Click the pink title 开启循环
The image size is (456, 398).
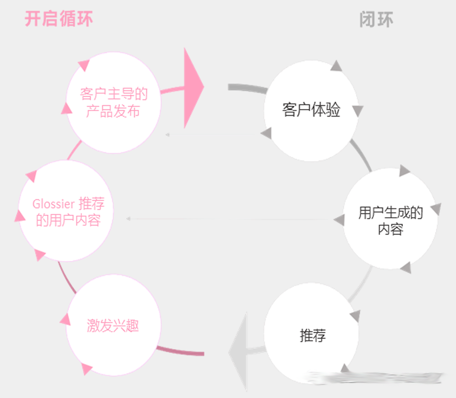59,19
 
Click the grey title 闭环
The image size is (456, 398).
376,20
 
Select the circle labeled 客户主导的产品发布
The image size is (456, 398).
114,103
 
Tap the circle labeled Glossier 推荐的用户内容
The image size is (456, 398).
66,211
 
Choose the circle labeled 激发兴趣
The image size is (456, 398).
114,325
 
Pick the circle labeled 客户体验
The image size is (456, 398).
311,111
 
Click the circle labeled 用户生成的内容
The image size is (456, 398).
390,219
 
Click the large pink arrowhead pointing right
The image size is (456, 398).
194,88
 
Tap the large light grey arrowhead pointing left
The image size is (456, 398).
238,352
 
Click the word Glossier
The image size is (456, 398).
53,204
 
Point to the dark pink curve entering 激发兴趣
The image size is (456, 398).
180,351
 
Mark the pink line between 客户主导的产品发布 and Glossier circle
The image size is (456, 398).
74,150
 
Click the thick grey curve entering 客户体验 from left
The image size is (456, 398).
248,88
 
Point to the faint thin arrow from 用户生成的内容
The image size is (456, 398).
230,219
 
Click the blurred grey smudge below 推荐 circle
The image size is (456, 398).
375,377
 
